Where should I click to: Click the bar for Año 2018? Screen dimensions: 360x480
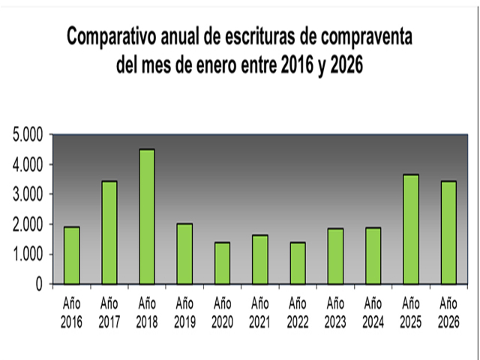click(x=147, y=217)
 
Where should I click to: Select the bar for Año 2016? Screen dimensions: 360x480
click(x=71, y=256)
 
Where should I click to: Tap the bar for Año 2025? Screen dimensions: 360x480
click(x=411, y=229)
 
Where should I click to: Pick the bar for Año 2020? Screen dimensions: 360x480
click(x=222, y=263)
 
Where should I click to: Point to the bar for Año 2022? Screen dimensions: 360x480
click(x=298, y=263)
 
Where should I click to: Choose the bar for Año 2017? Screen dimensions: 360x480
click(x=109, y=232)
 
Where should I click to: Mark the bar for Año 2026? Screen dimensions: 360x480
click(x=448, y=232)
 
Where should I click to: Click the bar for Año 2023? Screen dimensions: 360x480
click(x=335, y=256)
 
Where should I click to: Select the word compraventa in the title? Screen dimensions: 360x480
click(x=361, y=37)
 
